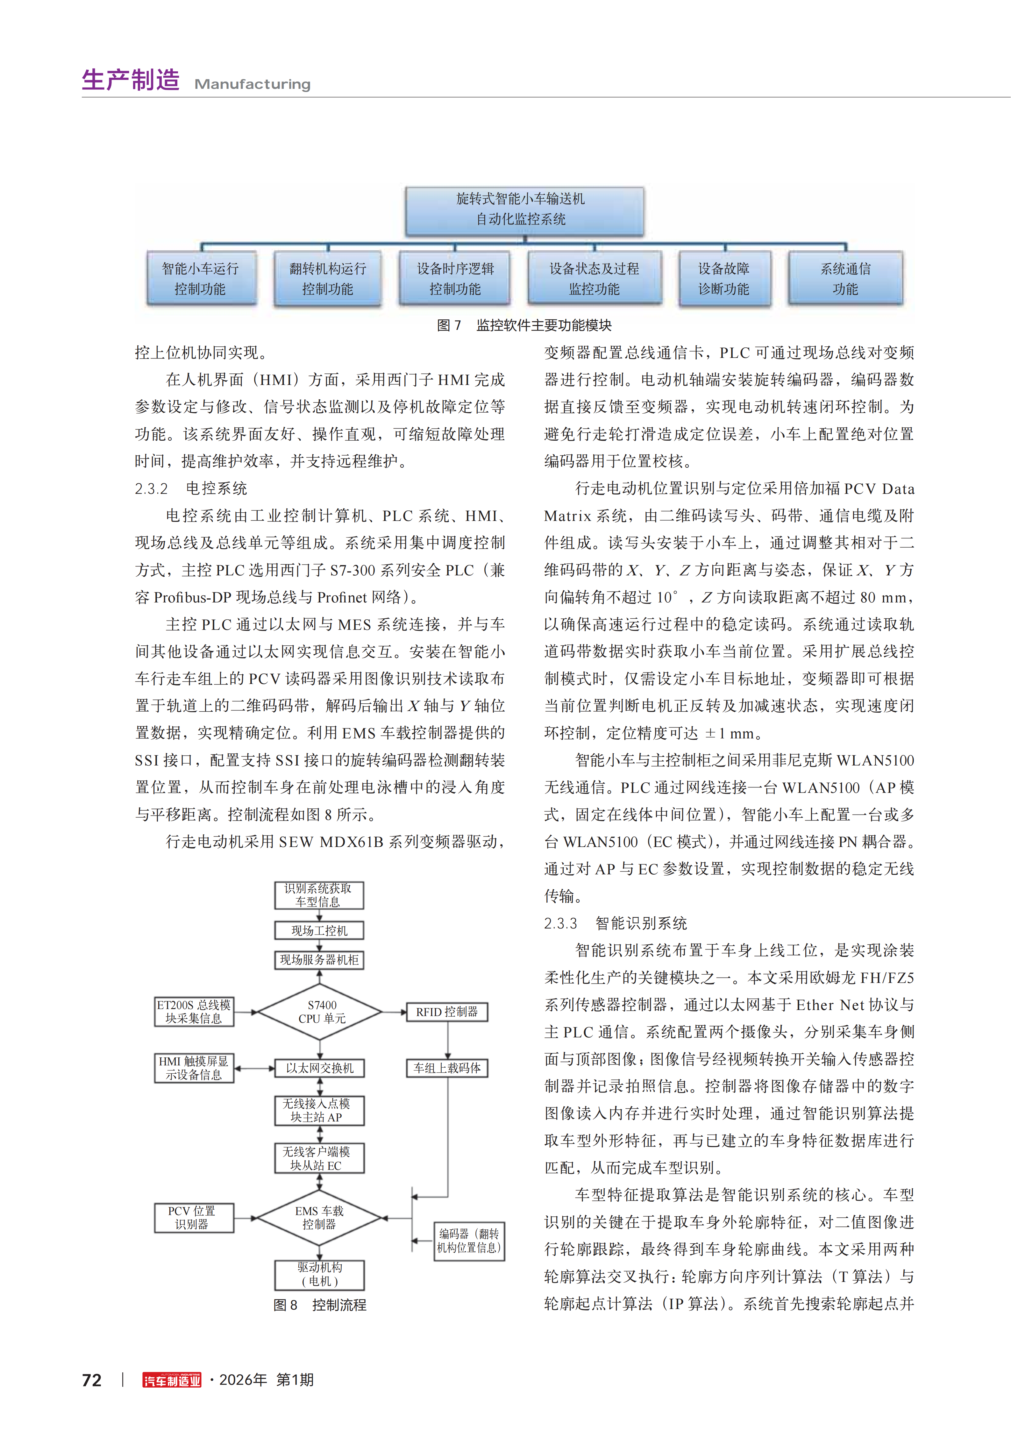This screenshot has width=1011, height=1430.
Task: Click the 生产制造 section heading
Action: coord(131,80)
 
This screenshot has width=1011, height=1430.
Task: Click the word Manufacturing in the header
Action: coord(252,84)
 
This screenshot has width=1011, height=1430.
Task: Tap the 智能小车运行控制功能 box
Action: coord(201,278)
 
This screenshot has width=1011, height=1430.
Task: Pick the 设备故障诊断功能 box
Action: coord(724,278)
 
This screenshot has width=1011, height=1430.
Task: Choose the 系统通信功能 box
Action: coord(845,278)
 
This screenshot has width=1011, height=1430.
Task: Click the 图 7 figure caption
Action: coord(524,325)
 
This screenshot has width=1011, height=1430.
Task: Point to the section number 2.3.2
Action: coord(151,488)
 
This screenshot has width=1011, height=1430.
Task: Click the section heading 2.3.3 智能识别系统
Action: coord(616,923)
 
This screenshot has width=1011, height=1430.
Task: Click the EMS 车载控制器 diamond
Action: coord(319,1218)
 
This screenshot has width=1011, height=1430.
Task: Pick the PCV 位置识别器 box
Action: coord(194,1218)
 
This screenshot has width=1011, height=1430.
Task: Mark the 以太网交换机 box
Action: coord(320,1068)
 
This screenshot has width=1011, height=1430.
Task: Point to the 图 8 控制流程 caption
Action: coord(320,1305)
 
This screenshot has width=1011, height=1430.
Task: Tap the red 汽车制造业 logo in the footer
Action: coord(172,1380)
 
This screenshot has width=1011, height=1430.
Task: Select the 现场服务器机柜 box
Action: coord(320,960)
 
